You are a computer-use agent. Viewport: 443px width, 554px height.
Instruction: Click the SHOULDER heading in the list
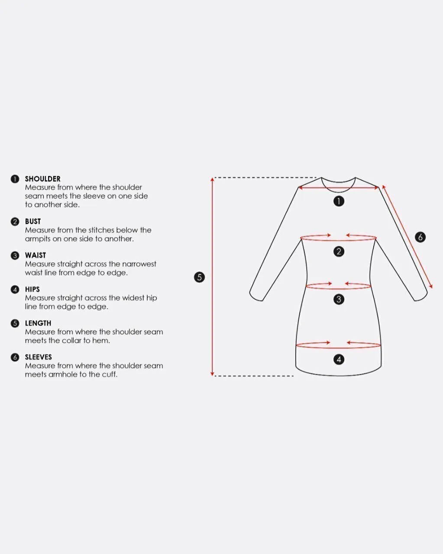[x=42, y=179]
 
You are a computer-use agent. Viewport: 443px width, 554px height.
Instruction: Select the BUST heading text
[x=33, y=222]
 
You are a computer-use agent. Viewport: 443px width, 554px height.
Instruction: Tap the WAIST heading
[x=35, y=255]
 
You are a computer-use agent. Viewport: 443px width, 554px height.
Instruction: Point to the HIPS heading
[x=32, y=290]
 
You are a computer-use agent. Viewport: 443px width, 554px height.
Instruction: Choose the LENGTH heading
[x=38, y=323]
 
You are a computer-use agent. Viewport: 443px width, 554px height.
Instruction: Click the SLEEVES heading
[x=39, y=357]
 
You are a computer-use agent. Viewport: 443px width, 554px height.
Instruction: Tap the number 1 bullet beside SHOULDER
[x=15, y=179]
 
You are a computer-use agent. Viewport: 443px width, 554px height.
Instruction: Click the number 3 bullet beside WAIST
[x=15, y=256]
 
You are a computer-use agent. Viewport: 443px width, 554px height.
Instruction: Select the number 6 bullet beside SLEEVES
[x=15, y=358]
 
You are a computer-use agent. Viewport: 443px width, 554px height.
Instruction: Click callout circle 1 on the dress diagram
[x=339, y=201]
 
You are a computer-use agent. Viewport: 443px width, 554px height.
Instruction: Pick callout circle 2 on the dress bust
[x=339, y=251]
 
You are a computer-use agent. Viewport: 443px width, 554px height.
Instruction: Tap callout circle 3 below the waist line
[x=339, y=300]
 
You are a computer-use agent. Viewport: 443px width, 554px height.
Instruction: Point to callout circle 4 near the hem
[x=339, y=359]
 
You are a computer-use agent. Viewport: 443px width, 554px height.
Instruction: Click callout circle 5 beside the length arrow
[x=199, y=277]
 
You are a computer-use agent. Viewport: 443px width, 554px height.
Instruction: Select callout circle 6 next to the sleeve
[x=420, y=237]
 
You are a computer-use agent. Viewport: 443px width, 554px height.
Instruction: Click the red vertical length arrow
[x=212, y=277]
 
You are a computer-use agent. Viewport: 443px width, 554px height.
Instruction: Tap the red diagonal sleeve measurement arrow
[x=407, y=237]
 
